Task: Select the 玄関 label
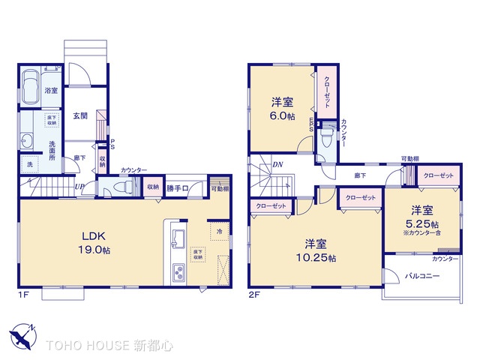pos(80,115)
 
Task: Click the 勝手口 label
pos(177,187)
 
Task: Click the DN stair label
pos(277,165)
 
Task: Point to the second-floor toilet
pos(328,138)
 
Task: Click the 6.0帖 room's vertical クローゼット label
pos(327,94)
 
